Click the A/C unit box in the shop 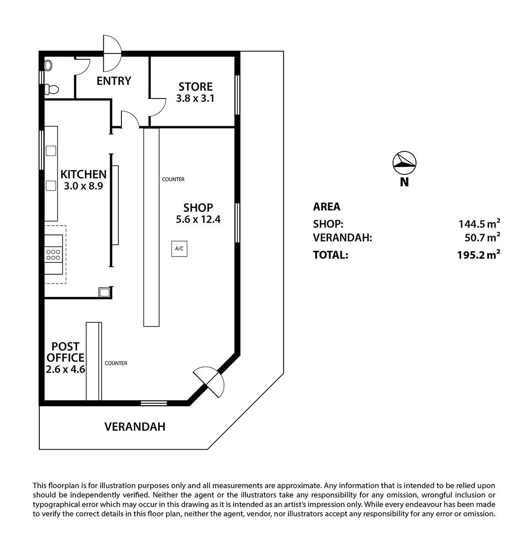click(179, 248)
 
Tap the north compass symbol click(404, 163)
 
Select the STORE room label click(196, 87)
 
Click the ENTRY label click(114, 81)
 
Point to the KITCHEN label click(83, 174)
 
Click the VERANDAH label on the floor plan click(135, 427)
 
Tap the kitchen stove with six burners click(53, 254)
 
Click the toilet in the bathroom click(52, 90)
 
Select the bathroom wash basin click(48, 65)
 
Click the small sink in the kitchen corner click(104, 292)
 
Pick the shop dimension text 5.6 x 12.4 click(198, 219)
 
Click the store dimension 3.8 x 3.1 click(195, 98)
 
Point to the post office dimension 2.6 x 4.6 click(65, 369)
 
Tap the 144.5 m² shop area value click(479, 223)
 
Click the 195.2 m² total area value click(478, 254)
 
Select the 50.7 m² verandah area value click(482, 238)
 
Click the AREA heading click(327, 207)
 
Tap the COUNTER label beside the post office click(116, 363)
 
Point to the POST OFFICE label click(65, 352)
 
